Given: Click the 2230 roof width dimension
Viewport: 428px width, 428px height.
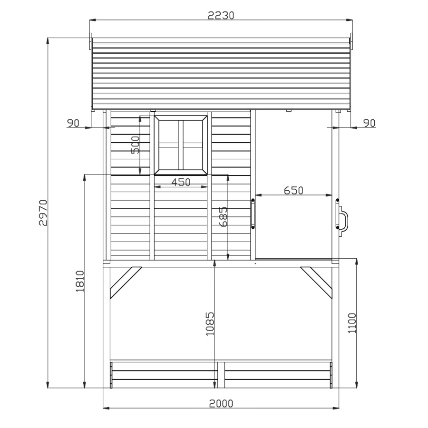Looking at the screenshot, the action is point(221,16).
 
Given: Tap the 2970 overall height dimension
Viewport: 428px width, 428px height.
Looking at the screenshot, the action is point(43,213).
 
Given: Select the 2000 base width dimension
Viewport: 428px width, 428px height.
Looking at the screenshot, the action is point(221,403).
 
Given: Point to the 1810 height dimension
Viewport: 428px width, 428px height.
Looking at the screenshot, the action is point(80,281).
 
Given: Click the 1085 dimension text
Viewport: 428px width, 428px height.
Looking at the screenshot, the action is point(210,324).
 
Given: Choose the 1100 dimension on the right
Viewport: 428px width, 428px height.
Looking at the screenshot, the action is point(352,323).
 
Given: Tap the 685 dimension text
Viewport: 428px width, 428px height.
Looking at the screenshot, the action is point(224,216).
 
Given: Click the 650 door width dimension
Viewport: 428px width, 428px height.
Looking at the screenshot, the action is point(293,190).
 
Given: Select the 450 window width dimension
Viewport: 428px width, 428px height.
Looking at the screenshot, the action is point(181,182).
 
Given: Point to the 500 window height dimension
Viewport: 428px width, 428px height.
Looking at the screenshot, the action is point(136,145).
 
